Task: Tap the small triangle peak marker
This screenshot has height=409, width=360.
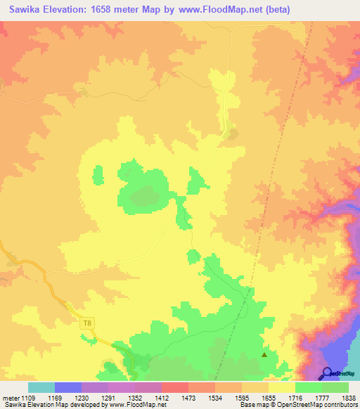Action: (264, 354)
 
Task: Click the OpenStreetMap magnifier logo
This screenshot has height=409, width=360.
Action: (327, 373)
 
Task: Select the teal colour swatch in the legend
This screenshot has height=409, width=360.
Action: (41, 388)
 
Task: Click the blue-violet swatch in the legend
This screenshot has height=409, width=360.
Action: (67, 388)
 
